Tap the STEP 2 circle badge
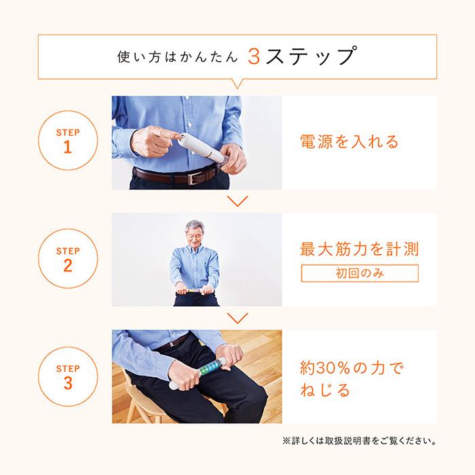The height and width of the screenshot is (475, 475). [67, 259]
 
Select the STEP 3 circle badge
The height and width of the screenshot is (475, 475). [67, 377]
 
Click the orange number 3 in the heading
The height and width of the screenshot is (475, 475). [254, 56]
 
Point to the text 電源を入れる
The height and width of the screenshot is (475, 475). [349, 142]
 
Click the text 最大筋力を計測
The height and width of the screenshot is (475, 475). [359, 249]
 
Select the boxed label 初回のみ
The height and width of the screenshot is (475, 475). [359, 273]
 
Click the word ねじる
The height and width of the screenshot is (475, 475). [325, 392]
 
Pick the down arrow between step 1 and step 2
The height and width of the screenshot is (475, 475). [237, 201]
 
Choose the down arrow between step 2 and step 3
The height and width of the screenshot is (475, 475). [237, 318]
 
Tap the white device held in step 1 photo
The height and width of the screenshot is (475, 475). [204, 146]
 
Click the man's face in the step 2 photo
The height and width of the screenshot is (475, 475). [195, 234]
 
